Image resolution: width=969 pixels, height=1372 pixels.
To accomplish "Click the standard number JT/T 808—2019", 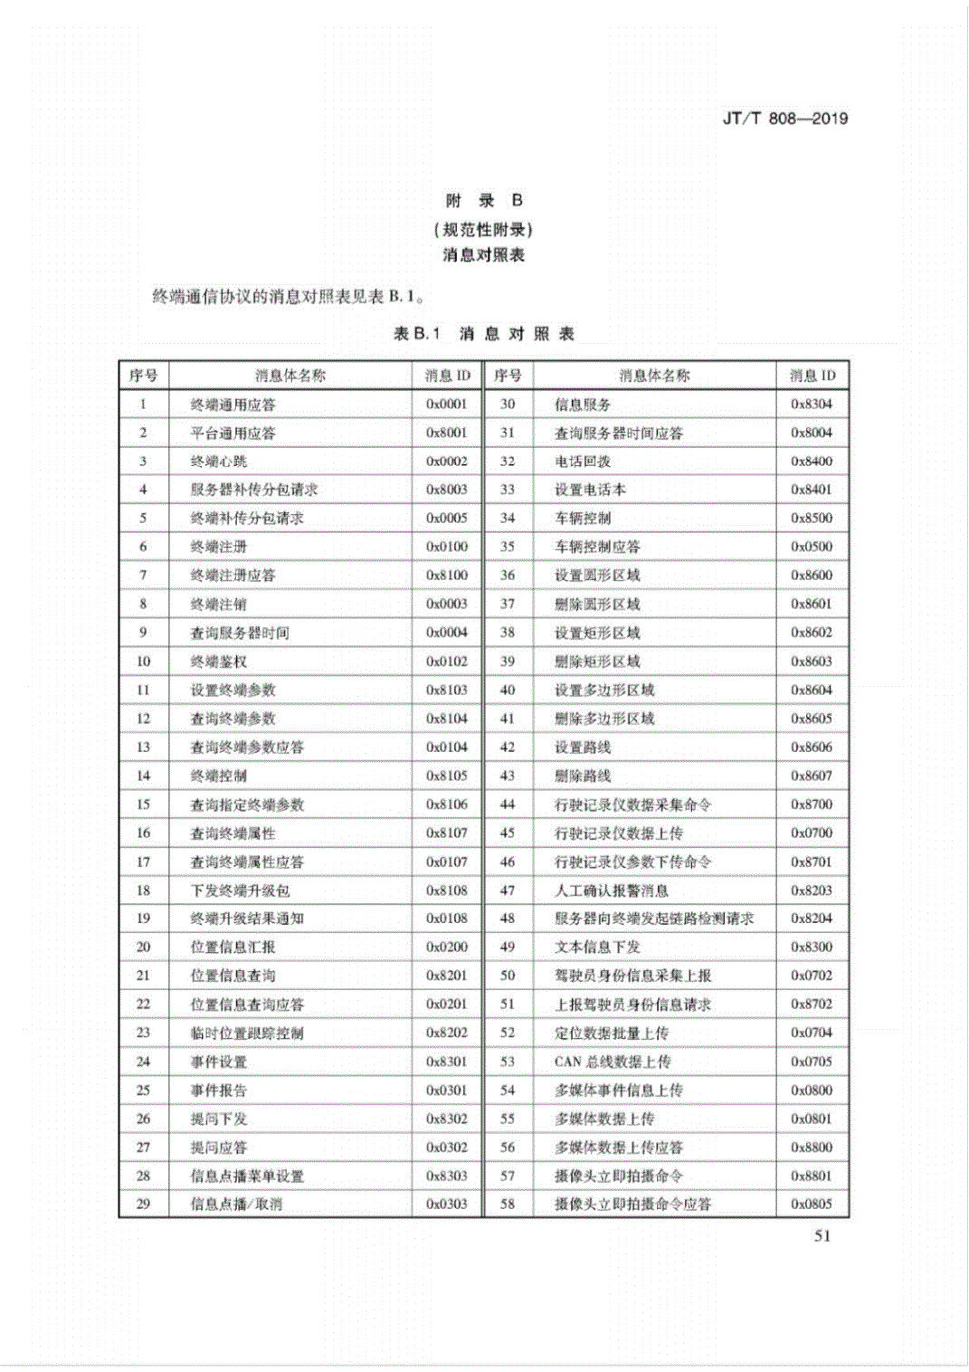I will (x=784, y=119).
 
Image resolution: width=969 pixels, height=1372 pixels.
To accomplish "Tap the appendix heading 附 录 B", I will (x=484, y=201).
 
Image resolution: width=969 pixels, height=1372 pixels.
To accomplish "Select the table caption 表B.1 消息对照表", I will (x=484, y=334).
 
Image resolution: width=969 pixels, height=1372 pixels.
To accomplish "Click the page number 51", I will (x=822, y=1236).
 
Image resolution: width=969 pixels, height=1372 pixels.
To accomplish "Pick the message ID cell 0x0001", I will (x=447, y=405).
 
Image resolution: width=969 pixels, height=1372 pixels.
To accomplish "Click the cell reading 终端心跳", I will (x=219, y=462).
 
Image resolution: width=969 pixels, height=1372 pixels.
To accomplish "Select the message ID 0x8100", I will (x=447, y=576).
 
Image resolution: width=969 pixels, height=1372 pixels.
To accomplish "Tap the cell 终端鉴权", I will (x=219, y=662).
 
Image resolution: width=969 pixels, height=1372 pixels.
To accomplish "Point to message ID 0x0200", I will (x=447, y=948).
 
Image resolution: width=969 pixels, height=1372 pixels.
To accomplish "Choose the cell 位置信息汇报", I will (x=233, y=948).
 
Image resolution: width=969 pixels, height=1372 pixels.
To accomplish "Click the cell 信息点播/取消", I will (x=236, y=1205).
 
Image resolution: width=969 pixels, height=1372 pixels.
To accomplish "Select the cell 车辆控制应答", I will (x=597, y=547).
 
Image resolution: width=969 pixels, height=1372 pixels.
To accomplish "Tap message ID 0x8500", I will (x=812, y=519).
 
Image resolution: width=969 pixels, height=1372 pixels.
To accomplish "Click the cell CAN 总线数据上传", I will (x=613, y=1062).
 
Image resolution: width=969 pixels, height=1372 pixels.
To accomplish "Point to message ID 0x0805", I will (x=812, y=1205).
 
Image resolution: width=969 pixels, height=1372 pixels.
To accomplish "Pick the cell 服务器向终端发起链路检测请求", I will (x=654, y=919).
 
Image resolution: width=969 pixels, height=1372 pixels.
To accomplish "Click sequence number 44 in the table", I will (x=508, y=805).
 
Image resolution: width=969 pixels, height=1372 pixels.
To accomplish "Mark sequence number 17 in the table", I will (x=143, y=862).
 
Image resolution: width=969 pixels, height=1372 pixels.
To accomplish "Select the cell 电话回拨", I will (x=583, y=462).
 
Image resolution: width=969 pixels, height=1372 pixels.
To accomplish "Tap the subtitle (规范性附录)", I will (x=484, y=229).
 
